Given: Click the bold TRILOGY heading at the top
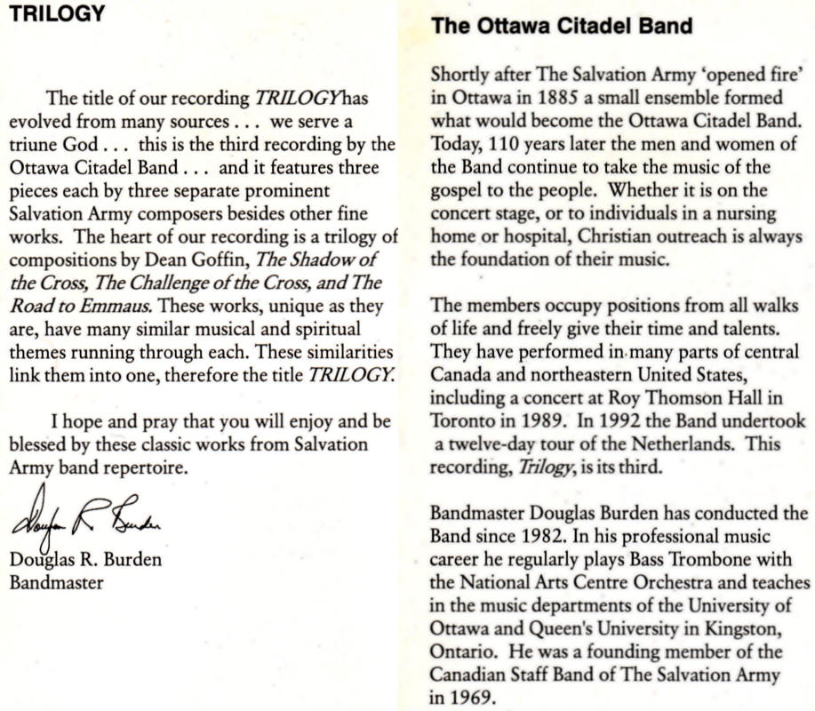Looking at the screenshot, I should pyautogui.click(x=57, y=15).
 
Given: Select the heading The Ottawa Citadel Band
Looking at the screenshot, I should pyautogui.click(x=562, y=26).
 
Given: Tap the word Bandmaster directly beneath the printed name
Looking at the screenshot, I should pyautogui.click(x=56, y=583).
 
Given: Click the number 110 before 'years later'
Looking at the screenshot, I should pyautogui.click(x=504, y=144).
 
